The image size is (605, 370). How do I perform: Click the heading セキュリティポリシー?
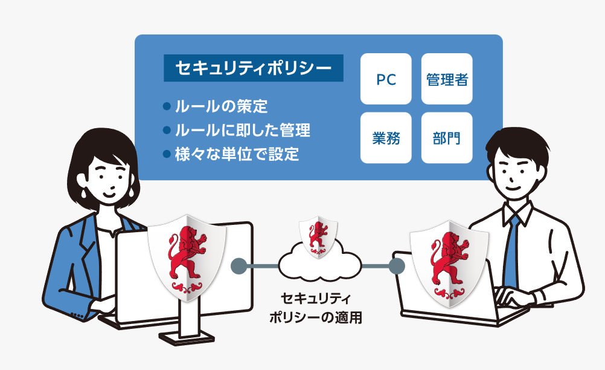[x=253, y=69]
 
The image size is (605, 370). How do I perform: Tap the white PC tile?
[x=386, y=79]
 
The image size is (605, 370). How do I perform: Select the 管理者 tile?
[x=447, y=79]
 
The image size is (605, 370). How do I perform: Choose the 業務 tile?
[x=386, y=138]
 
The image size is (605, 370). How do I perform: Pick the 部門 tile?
[x=447, y=138]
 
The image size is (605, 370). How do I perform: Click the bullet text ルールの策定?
[x=221, y=108]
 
